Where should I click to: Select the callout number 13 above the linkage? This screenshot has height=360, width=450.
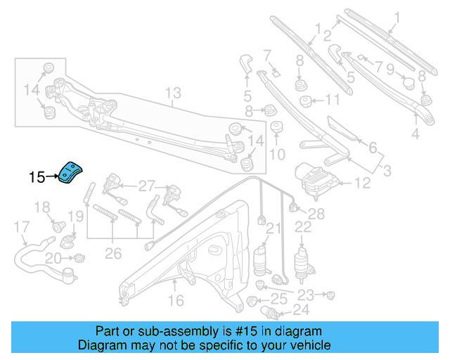tap(173, 92)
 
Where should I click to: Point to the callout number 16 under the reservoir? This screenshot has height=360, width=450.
tap(175, 300)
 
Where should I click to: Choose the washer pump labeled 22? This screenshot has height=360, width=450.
tap(303, 257)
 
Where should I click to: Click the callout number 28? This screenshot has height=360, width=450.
tap(316, 213)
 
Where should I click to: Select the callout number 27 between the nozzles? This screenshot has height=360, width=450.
tap(146, 186)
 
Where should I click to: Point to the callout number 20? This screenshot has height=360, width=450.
tap(53, 259)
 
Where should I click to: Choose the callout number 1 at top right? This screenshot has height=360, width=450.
tap(396, 15)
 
